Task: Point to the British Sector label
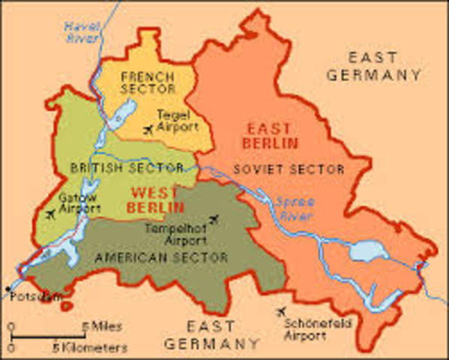[126, 166]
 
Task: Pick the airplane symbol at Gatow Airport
[50, 215]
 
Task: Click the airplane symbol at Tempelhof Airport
[216, 219]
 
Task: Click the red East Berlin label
[274, 135]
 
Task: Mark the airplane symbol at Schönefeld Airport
[281, 311]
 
